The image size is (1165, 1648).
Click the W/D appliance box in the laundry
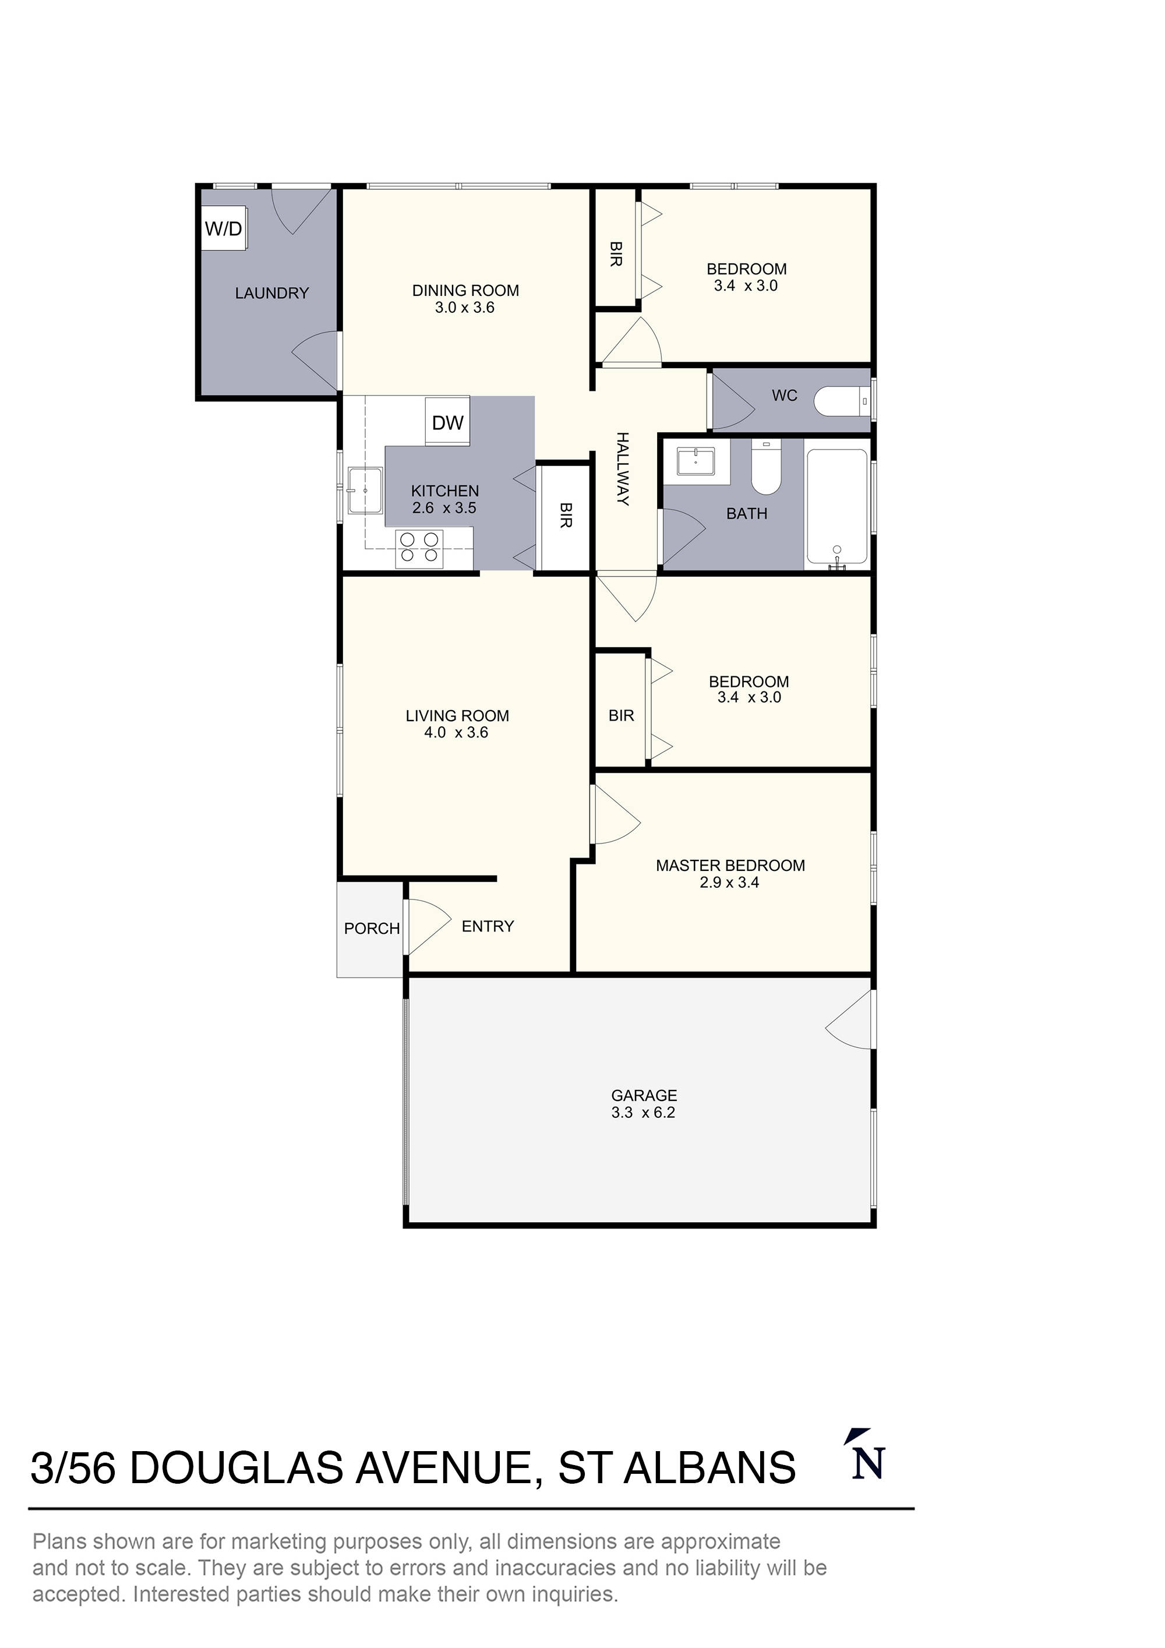click(224, 228)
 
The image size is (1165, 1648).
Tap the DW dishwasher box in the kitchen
click(447, 422)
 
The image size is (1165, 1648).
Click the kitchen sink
click(365, 490)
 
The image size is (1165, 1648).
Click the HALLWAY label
click(623, 468)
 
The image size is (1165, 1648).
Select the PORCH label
click(371, 928)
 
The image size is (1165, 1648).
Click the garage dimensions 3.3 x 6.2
click(643, 1113)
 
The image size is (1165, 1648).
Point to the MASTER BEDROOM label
click(730, 866)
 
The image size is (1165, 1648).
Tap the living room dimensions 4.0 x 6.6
click(456, 732)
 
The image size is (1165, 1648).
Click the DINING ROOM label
click(465, 291)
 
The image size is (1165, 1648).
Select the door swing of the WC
click(732, 402)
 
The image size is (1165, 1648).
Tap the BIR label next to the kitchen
click(566, 516)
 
